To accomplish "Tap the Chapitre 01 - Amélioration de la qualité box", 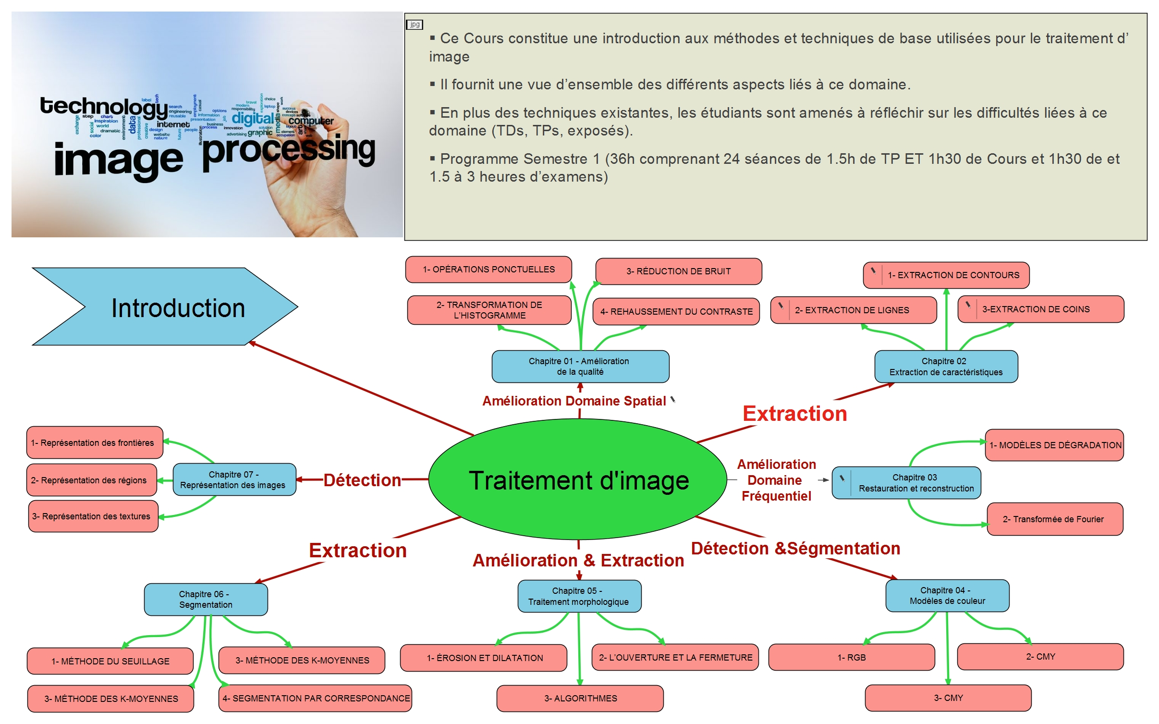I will [x=580, y=367].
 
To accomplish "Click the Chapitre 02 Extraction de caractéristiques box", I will [x=945, y=367].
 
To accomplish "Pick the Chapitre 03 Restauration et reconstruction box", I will [x=915, y=483].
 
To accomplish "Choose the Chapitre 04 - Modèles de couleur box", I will [x=947, y=596].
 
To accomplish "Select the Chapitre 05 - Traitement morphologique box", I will [x=579, y=596].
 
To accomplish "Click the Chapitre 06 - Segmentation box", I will [x=206, y=600].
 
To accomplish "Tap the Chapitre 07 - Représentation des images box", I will [x=233, y=479].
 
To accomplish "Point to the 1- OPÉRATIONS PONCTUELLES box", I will [x=488, y=270].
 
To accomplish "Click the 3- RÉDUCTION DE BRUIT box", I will [x=678, y=271].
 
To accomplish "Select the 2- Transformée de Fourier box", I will [x=1054, y=519].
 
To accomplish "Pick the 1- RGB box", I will [x=851, y=657].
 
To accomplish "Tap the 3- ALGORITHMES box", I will [x=580, y=698].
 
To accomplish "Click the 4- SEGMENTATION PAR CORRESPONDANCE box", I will [x=316, y=698].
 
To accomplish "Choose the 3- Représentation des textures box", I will [x=93, y=516].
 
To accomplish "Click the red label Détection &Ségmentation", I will [x=795, y=549].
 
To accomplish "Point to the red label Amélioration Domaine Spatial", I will [x=574, y=401].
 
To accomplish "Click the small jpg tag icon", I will [x=415, y=25].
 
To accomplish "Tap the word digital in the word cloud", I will [x=252, y=118].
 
